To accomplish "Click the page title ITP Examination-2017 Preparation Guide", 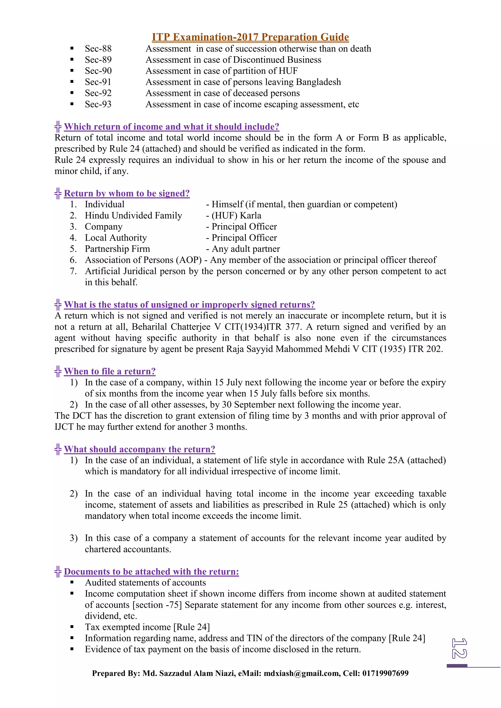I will [x=250, y=37].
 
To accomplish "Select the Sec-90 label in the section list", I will [x=98, y=71].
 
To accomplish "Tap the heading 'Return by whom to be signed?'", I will [x=127, y=193].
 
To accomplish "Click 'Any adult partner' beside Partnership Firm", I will [x=246, y=249].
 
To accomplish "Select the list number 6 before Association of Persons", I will [x=73, y=260].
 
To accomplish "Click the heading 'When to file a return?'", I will [x=110, y=371].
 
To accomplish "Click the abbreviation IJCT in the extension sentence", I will [x=64, y=427].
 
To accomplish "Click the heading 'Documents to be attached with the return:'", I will [x=151, y=571].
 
